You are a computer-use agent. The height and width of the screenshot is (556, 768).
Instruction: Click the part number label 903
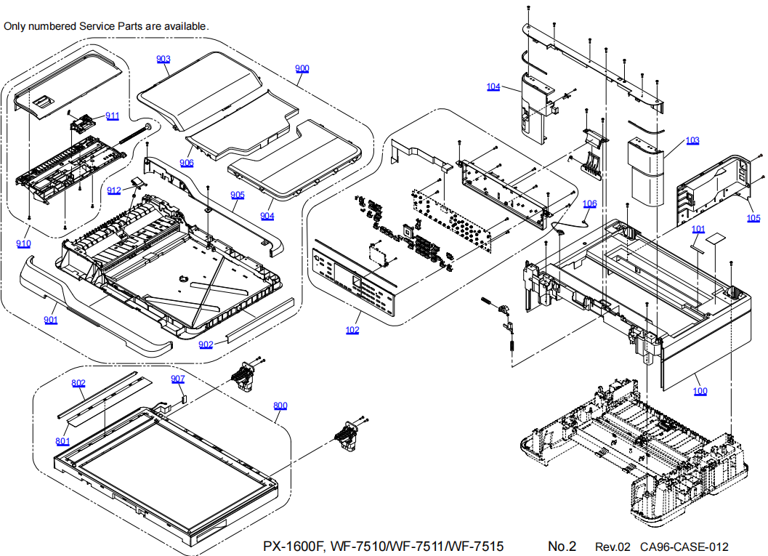(163, 59)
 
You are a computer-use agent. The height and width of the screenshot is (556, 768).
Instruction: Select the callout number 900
(302, 69)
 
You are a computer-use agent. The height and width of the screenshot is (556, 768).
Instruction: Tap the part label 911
(113, 116)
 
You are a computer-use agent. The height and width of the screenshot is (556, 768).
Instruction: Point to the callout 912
(114, 190)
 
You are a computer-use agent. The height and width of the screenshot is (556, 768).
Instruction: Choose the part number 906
(187, 163)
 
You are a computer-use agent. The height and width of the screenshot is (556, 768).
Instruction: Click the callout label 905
(238, 195)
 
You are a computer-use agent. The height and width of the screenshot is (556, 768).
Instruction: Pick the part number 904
(267, 216)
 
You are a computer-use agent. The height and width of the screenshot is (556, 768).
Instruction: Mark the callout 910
(24, 244)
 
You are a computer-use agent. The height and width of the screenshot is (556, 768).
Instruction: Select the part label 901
(50, 320)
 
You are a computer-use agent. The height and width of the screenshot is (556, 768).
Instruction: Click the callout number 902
(206, 345)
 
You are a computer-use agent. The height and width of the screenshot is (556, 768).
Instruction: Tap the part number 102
(352, 330)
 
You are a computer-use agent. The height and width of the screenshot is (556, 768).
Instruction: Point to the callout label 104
(493, 87)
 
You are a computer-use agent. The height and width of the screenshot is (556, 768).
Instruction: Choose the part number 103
(692, 140)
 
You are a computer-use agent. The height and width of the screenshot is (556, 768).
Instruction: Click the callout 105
(753, 217)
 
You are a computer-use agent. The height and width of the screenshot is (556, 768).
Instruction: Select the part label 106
(589, 204)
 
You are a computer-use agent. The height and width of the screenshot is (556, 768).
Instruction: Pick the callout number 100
(700, 391)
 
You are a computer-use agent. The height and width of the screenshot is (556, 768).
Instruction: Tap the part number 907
(178, 379)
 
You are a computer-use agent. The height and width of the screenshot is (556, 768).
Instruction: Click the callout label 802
(78, 383)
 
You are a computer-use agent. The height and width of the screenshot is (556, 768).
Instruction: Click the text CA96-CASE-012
(684, 547)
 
